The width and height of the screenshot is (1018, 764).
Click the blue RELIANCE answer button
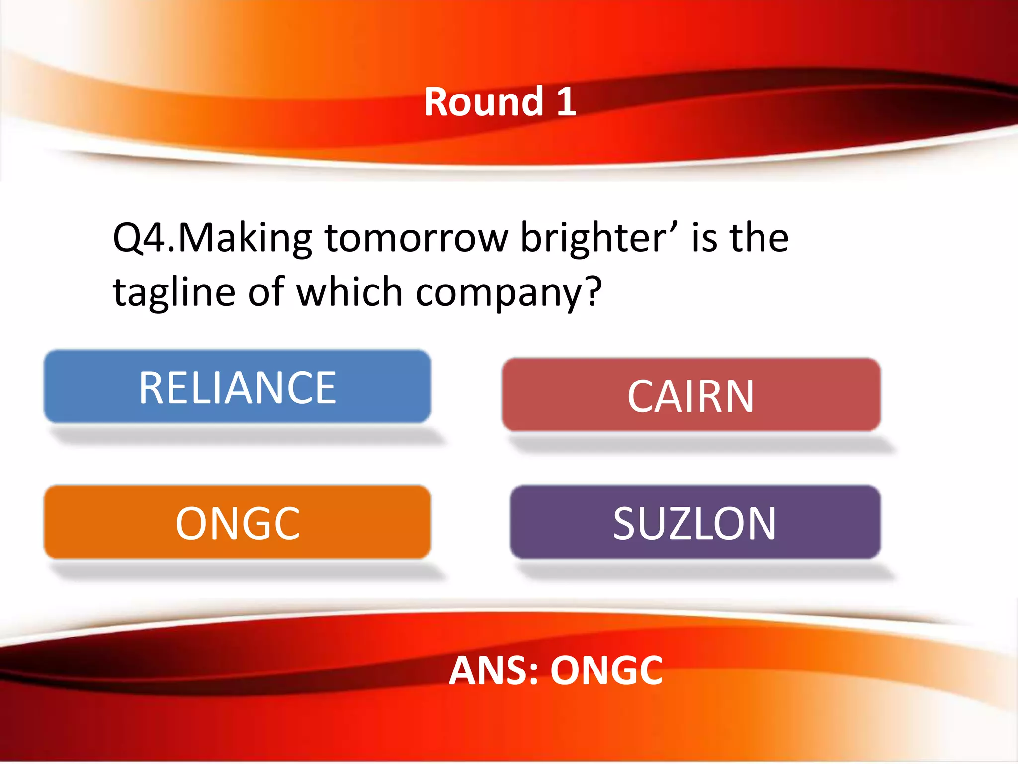[x=237, y=387]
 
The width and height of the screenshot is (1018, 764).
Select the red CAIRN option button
[x=691, y=395]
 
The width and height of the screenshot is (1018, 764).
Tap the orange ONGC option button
[x=237, y=522]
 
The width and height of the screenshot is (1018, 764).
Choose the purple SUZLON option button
[x=695, y=522]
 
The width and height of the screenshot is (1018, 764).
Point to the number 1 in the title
[x=566, y=102]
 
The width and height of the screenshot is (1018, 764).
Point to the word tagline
[x=174, y=292]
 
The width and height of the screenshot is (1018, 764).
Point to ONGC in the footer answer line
[x=606, y=670]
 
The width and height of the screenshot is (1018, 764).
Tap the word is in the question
[x=704, y=238]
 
